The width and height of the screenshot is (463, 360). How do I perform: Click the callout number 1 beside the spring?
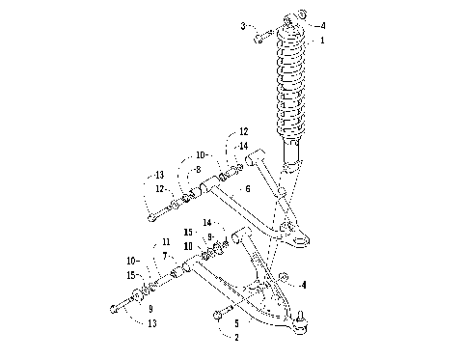click(323, 41)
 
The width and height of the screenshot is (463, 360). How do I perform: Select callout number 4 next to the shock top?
click(323, 25)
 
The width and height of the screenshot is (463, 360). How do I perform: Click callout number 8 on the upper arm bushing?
click(198, 169)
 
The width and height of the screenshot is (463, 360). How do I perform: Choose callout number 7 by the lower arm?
click(165, 255)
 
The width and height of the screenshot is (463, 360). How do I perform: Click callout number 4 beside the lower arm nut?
click(305, 284)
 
